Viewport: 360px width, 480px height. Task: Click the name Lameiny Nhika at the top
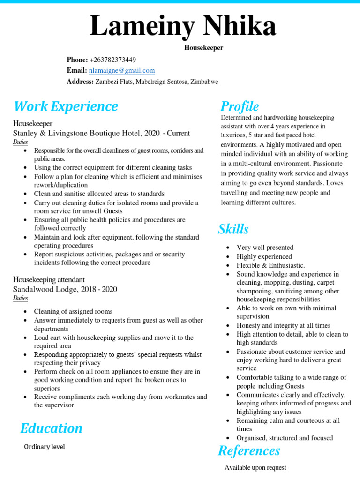click(183, 26)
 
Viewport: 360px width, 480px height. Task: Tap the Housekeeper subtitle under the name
click(203, 48)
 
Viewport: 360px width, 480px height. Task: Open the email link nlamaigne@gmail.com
click(122, 70)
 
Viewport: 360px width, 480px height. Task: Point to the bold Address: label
click(80, 82)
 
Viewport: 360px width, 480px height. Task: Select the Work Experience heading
click(66, 106)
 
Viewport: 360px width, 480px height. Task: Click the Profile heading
click(240, 106)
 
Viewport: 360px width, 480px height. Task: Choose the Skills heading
click(233, 229)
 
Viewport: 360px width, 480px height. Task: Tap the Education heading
click(51, 428)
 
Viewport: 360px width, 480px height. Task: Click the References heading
click(249, 451)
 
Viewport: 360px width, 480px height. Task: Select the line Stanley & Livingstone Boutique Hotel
click(101, 133)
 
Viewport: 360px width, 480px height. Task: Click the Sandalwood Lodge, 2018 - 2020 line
click(65, 289)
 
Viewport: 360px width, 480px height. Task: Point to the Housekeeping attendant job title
click(49, 280)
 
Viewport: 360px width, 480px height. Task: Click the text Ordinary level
click(45, 447)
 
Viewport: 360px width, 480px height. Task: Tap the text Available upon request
click(255, 467)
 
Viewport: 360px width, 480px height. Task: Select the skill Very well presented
click(265, 247)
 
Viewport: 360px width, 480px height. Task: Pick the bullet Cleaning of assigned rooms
click(73, 311)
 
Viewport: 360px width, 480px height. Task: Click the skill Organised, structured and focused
click(285, 438)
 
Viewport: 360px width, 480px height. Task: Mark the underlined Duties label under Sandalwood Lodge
click(20, 298)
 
